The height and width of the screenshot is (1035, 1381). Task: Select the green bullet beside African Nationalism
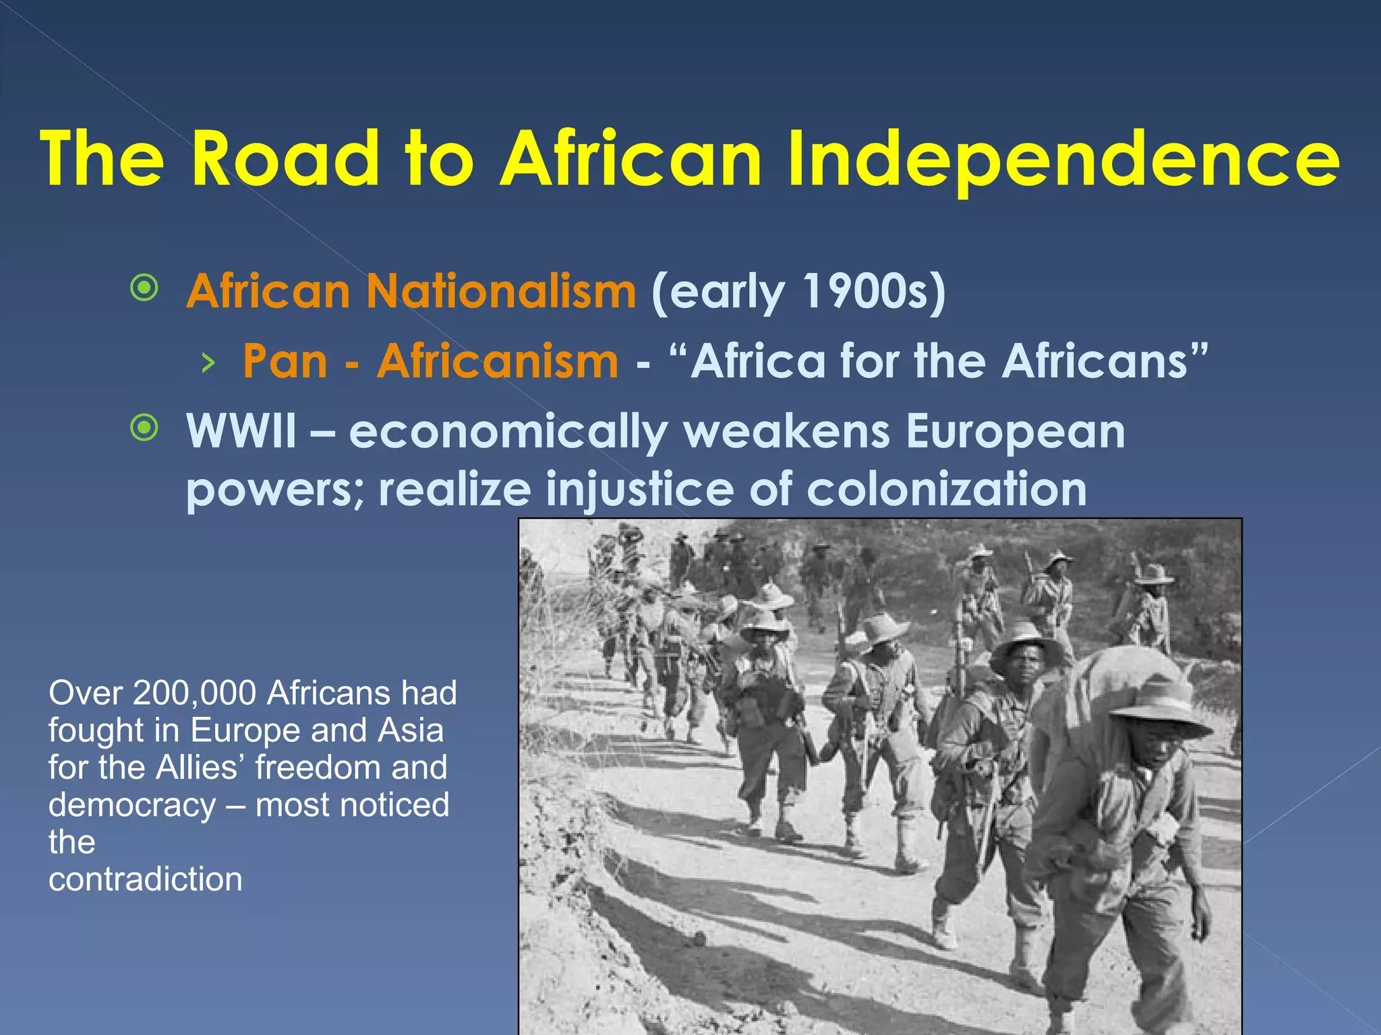coord(144,288)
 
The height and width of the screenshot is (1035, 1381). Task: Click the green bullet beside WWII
coord(144,427)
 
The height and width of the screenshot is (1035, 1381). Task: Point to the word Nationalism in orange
coord(501,291)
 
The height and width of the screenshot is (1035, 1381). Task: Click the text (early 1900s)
coord(798,292)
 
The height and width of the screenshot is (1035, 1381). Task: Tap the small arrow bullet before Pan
coord(208,363)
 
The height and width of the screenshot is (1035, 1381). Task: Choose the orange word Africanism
coord(498,361)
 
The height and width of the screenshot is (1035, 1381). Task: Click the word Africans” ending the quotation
coord(1105,361)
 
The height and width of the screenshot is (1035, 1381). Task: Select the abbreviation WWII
coord(241,431)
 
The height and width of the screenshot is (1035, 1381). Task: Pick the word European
coord(1016,431)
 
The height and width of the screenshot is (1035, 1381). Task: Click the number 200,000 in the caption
coord(194,693)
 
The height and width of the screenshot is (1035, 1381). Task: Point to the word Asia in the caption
coord(411,730)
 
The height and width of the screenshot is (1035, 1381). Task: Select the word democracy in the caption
coord(132,805)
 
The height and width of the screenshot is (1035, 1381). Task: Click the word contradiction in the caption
coord(146,879)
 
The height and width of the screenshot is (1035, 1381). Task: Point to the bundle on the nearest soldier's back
coord(1106,681)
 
